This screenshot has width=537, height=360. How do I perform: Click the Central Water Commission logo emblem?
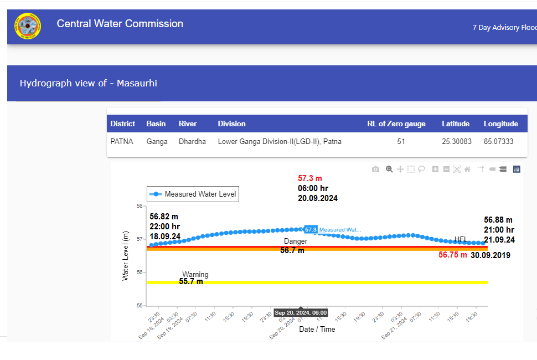(x=28, y=26)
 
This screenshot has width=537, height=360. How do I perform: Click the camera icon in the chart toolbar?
(x=375, y=169)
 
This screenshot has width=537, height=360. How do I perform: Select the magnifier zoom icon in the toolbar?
(x=389, y=169)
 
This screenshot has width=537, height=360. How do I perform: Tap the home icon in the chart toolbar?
(x=468, y=169)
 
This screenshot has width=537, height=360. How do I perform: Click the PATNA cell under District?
(x=122, y=142)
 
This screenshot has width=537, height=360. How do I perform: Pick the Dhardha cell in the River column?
(x=192, y=142)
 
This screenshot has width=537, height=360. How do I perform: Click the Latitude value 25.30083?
(x=456, y=142)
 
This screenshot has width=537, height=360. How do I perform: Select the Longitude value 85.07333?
(x=498, y=142)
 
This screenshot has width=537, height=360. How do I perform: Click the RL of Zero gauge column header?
(x=396, y=124)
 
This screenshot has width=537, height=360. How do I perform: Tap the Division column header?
(x=231, y=124)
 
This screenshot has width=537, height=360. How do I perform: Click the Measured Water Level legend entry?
(x=193, y=194)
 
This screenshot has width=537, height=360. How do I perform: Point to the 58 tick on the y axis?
(x=139, y=205)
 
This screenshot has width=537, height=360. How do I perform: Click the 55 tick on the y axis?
(x=139, y=306)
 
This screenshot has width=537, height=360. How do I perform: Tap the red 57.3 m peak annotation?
(x=310, y=178)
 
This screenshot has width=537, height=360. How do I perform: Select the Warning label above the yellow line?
(x=195, y=275)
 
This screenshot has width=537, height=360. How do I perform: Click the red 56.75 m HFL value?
(x=452, y=255)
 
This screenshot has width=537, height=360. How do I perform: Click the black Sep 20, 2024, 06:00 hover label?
(x=301, y=313)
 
